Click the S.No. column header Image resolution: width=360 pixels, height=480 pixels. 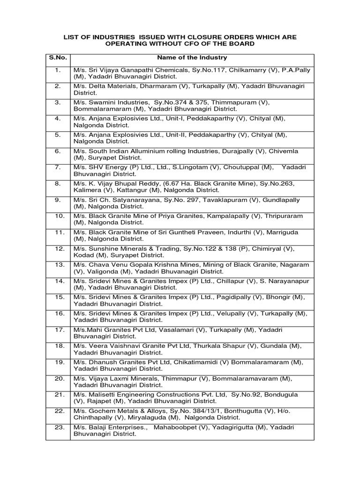[58, 58]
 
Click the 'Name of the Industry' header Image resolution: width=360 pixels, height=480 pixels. [192, 58]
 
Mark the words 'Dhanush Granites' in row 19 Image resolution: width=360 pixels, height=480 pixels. [113, 362]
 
